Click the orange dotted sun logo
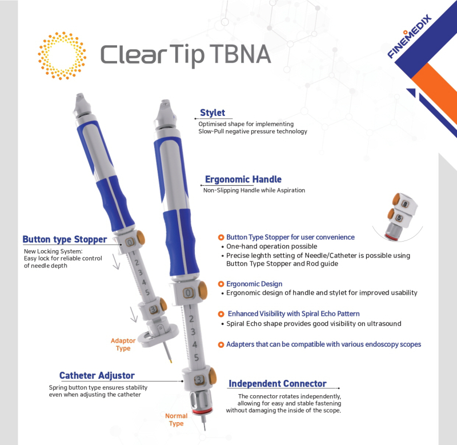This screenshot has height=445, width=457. [x=62, y=55]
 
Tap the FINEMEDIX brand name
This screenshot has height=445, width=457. [x=410, y=36]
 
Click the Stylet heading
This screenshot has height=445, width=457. [x=213, y=113]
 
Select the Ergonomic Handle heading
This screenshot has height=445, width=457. [x=243, y=179]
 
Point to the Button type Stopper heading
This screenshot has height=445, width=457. [x=65, y=239]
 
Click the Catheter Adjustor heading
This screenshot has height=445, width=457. [x=97, y=375]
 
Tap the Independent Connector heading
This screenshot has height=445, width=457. [x=278, y=383]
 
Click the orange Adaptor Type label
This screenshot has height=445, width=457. [x=123, y=344]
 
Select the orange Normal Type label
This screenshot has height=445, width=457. [x=177, y=420]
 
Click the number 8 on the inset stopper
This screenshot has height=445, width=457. [x=405, y=204]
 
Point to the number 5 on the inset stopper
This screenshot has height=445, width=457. [x=399, y=218]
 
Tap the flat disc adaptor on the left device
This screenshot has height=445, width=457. [x=158, y=336]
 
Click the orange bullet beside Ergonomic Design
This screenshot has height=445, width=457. [x=221, y=284]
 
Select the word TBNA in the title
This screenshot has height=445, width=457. [x=240, y=54]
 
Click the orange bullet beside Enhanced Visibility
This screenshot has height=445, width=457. [x=221, y=314]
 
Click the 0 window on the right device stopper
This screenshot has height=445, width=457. [x=189, y=293]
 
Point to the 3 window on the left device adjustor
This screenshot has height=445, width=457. [x=153, y=310]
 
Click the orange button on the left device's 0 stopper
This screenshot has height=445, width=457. [x=141, y=238]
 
